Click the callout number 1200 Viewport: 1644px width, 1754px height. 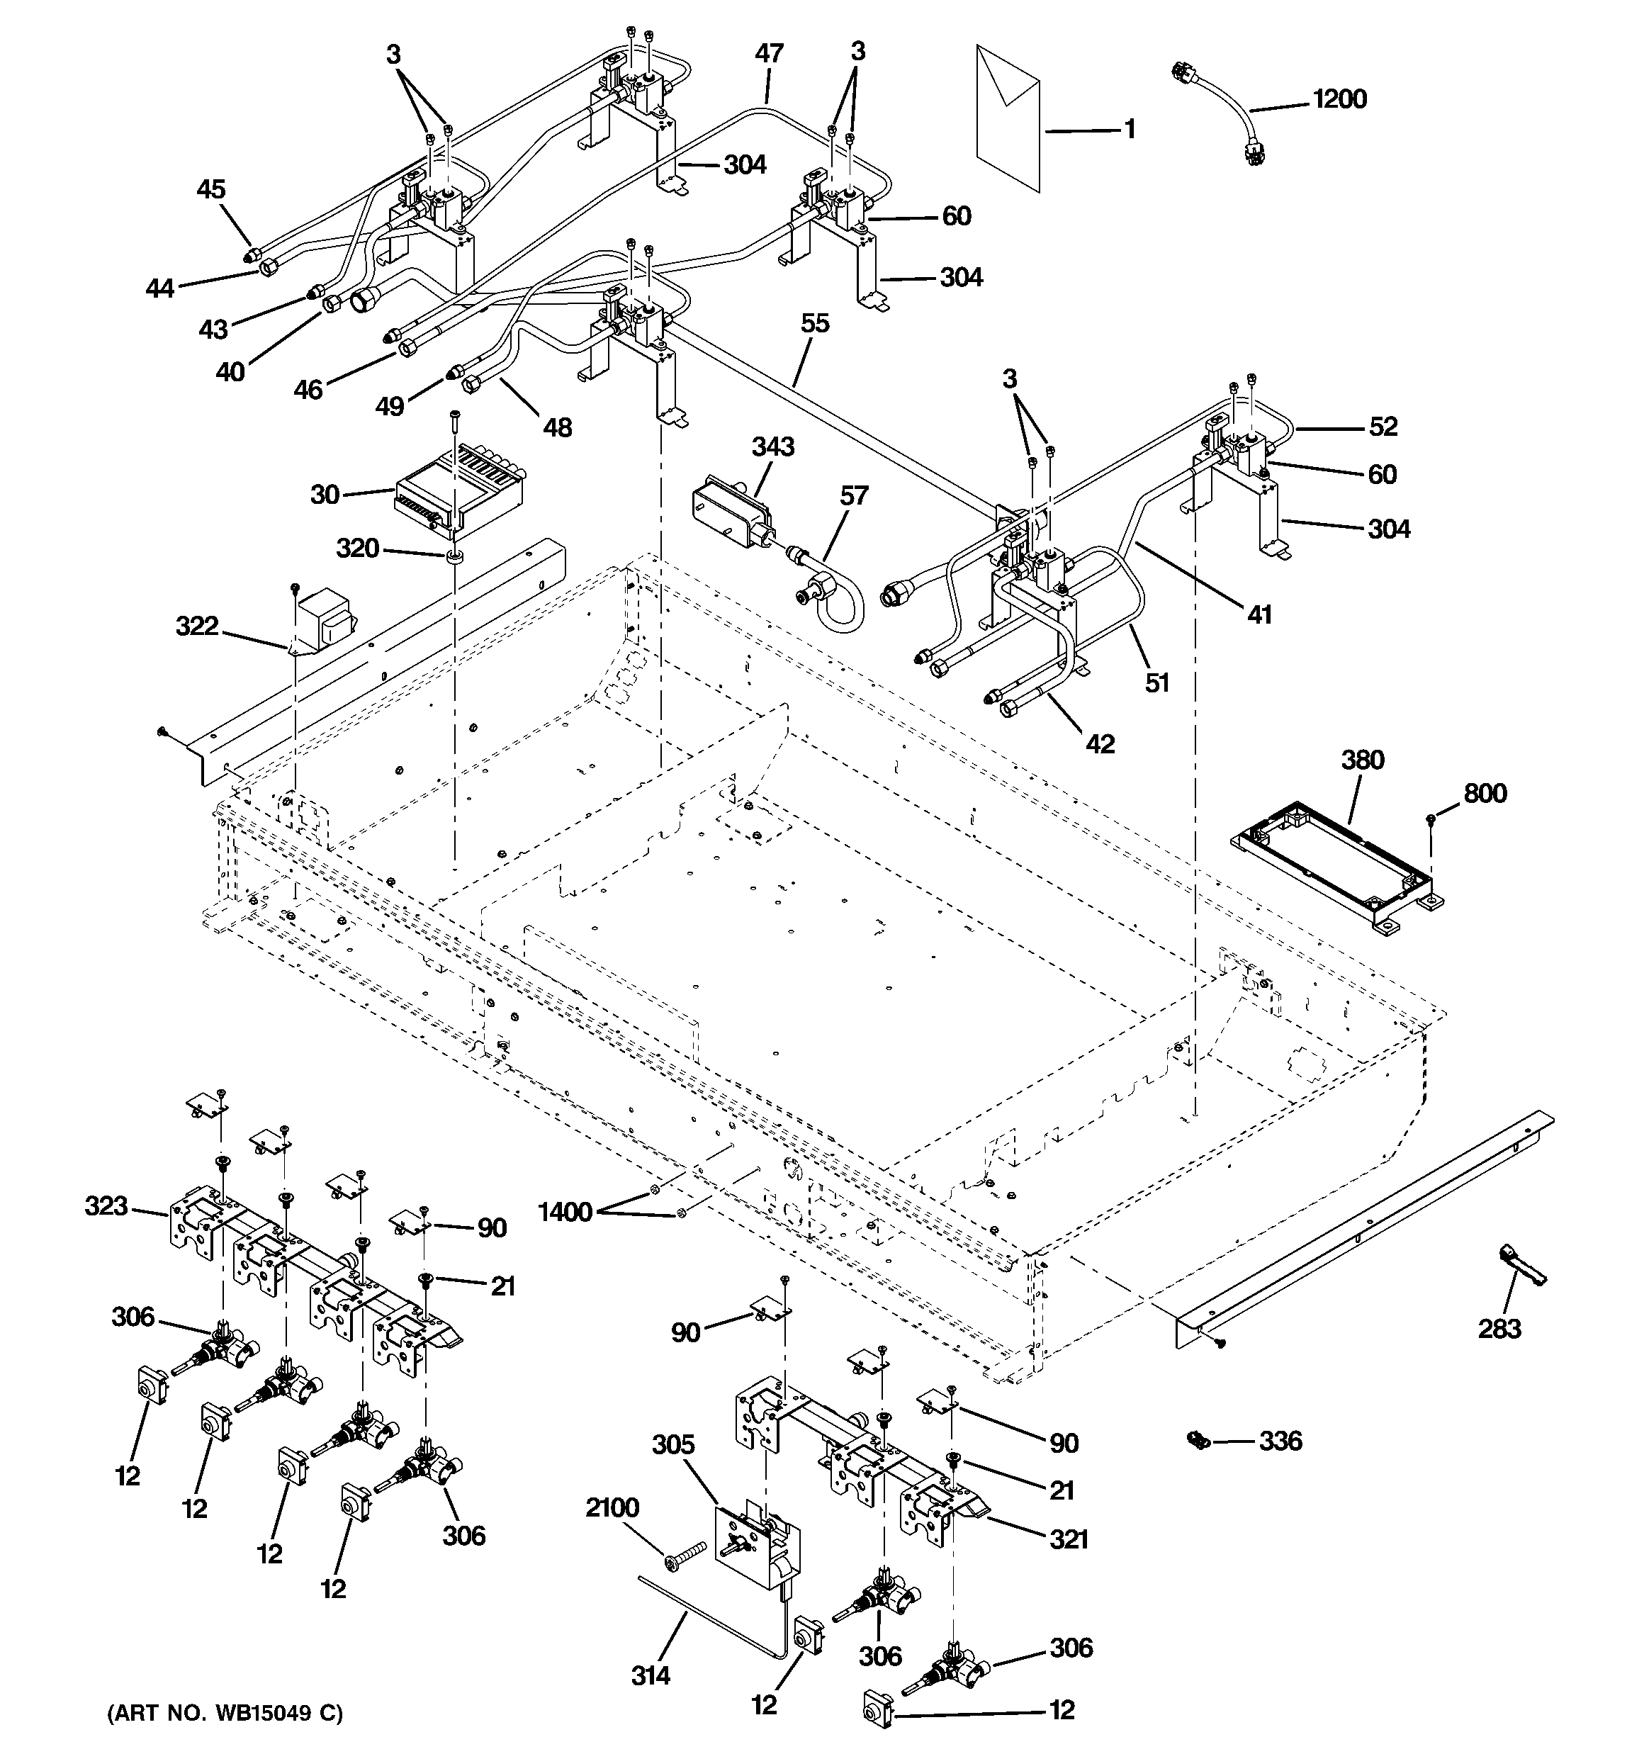pyautogui.click(x=1339, y=99)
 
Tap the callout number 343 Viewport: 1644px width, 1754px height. pyautogui.click(x=772, y=446)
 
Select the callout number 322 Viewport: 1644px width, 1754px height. pyautogui.click(x=197, y=626)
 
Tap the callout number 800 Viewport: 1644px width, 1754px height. pyautogui.click(x=1485, y=793)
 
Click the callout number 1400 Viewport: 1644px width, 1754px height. pyautogui.click(x=565, y=1213)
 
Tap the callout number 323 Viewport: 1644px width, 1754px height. pyautogui.click(x=106, y=1205)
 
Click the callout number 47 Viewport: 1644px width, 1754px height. pyautogui.click(x=769, y=53)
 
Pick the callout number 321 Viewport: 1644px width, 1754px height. pyautogui.click(x=1068, y=1539)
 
